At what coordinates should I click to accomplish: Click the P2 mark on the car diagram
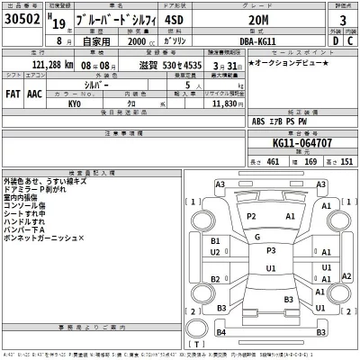coord(252,217)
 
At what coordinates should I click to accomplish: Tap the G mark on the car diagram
coord(257,237)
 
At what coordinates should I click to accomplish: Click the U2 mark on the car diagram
coord(216,253)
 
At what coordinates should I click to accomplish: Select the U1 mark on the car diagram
coord(271,267)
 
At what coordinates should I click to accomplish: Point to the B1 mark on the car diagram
coord(216,241)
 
